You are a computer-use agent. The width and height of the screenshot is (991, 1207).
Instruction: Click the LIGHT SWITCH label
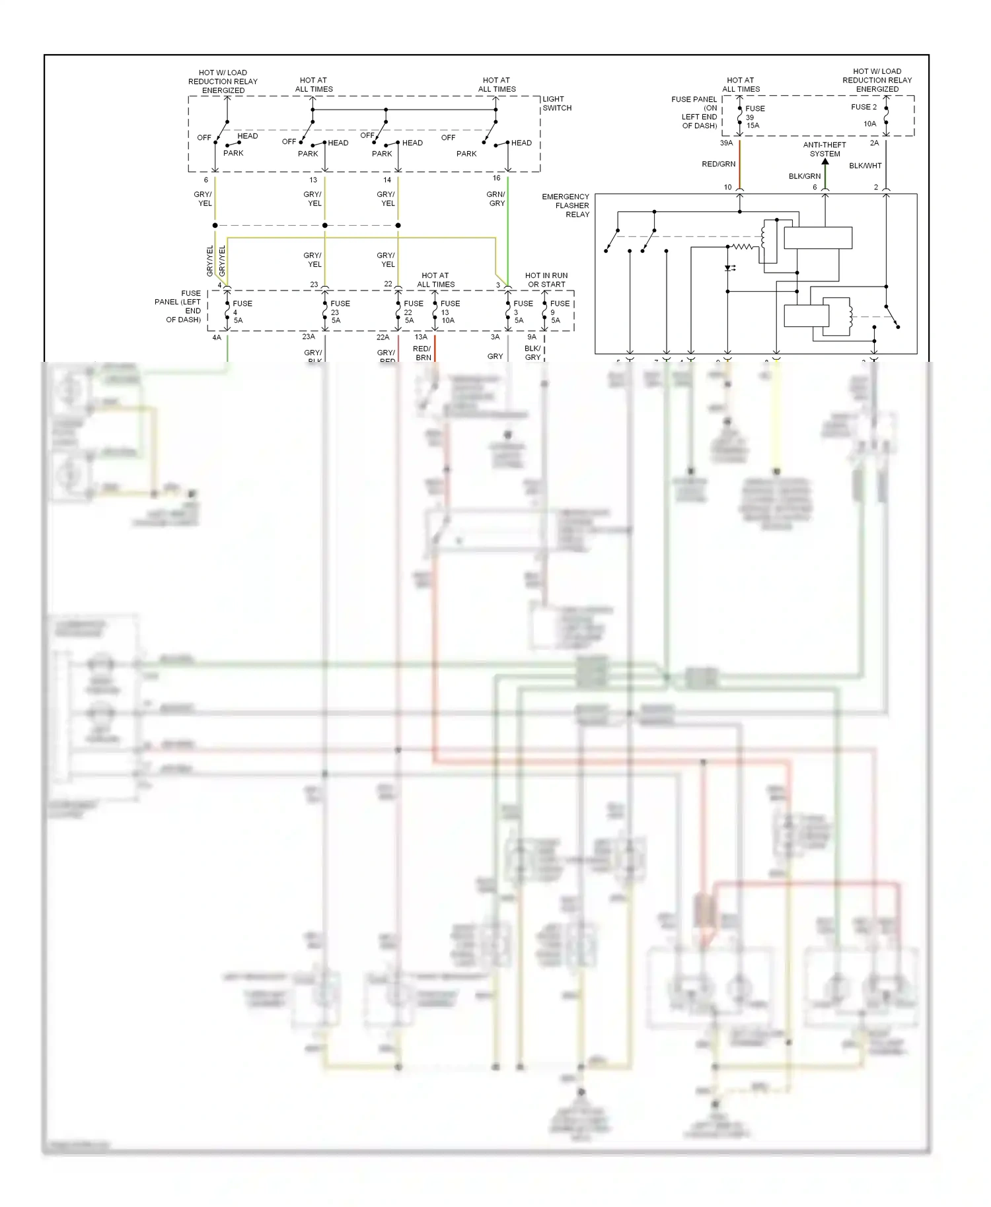pos(557,104)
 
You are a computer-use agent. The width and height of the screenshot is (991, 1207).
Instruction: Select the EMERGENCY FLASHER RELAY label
pos(567,205)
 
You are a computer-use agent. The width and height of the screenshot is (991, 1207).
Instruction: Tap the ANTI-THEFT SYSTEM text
pos(825,149)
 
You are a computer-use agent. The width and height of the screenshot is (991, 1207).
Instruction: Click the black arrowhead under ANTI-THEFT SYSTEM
pos(825,161)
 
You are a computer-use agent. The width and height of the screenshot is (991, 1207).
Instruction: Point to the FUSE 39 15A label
pos(754,117)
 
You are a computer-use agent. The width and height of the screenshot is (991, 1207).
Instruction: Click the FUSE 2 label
pos(863,107)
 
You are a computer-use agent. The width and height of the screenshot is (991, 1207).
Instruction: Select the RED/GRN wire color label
pos(718,164)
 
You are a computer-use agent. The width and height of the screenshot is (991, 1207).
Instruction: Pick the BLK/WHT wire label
pos(865,166)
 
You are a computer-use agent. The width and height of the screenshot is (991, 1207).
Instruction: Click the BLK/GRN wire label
pos(804,176)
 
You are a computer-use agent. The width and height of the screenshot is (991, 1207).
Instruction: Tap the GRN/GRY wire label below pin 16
pos(496,199)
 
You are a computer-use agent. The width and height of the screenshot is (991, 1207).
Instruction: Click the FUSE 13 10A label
pos(450,312)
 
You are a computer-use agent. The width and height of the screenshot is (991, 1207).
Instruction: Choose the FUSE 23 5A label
pos(340,312)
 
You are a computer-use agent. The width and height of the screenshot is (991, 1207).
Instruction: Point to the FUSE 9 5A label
pos(559,312)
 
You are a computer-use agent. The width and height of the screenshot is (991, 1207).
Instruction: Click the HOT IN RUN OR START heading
pos(546,280)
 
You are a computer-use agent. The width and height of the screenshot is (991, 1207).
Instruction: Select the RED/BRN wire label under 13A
pos(422,353)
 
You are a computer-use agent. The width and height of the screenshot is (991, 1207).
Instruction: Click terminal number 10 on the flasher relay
pos(727,187)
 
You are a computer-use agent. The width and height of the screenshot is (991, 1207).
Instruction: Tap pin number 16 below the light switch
pos(496,178)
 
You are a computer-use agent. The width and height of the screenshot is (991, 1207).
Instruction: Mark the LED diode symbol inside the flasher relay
pos(729,269)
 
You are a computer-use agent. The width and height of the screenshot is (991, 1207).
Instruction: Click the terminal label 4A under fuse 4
pos(217,337)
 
